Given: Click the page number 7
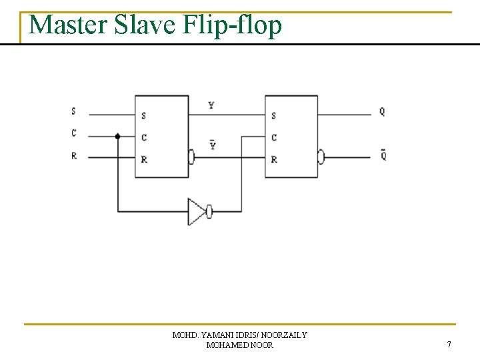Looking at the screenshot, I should tap(449, 345).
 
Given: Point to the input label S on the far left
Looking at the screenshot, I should tap(73, 111).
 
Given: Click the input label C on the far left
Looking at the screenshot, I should tap(73, 133).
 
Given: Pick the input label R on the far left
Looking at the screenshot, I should tap(73, 156).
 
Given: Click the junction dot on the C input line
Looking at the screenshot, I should tap(118, 136).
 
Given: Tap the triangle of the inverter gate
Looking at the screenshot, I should tap(196, 211).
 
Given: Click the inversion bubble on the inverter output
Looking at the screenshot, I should tap(209, 212).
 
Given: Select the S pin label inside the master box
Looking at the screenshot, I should tap(144, 116).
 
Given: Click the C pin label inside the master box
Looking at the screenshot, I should tap(144, 138).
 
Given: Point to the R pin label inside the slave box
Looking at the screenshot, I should tap(274, 160).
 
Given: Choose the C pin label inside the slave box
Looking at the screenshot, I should tap(274, 138).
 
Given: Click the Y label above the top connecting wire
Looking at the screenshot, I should tap(211, 105).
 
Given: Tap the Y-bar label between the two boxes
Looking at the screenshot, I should tap(213, 145).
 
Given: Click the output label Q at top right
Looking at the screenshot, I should tap(382, 112).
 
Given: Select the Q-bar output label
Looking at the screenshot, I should tap(383, 155).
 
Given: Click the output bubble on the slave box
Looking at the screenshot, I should tap(321, 158).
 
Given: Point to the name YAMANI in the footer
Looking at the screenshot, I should tap(216, 335).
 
